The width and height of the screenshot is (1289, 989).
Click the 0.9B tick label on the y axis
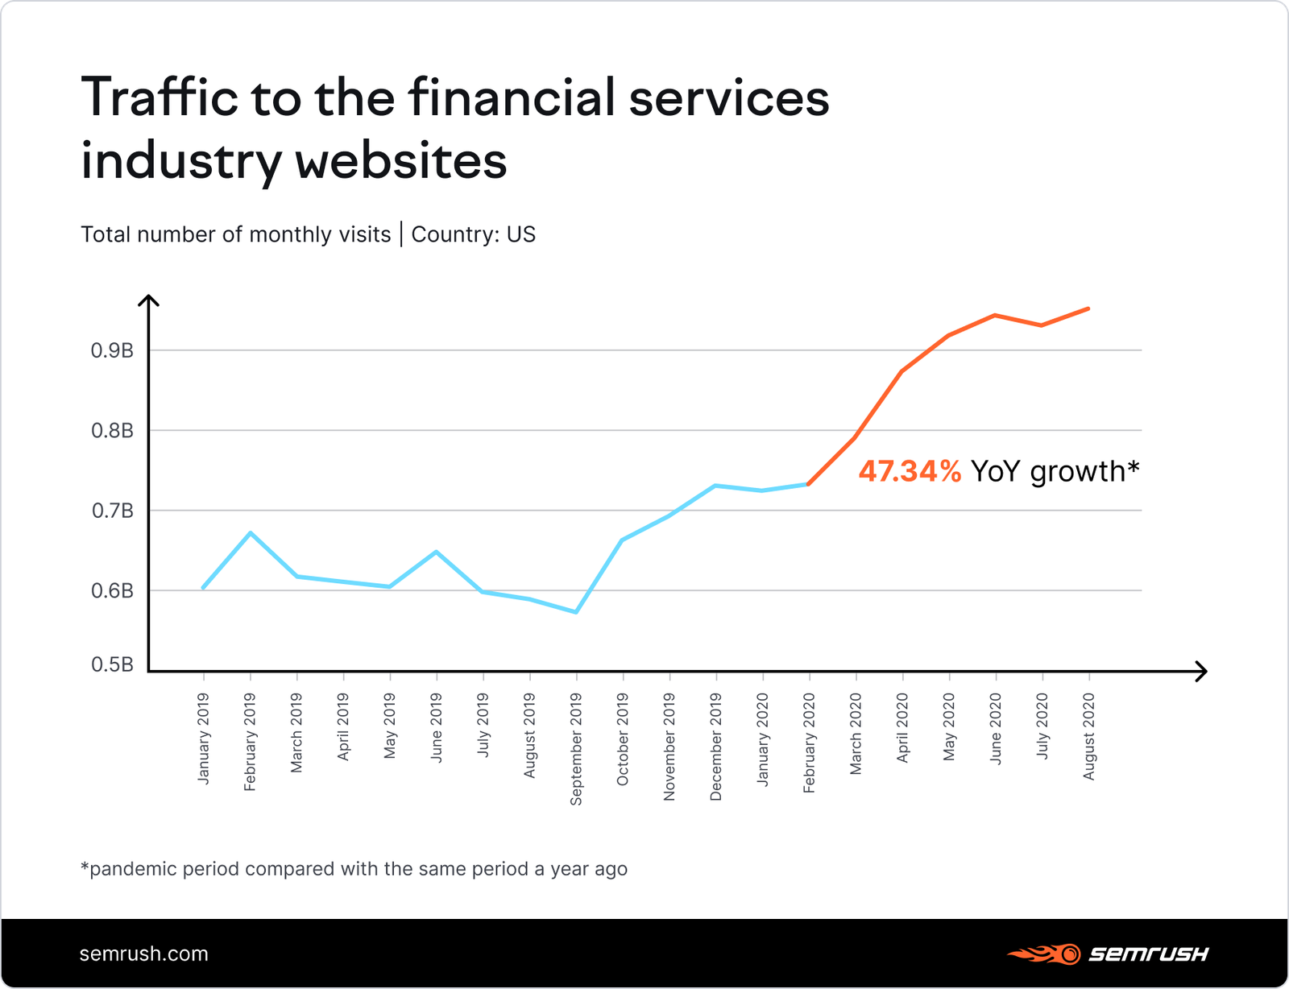(x=112, y=351)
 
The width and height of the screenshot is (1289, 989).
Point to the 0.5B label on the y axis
(x=112, y=665)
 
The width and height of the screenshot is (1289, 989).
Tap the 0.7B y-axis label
(x=112, y=511)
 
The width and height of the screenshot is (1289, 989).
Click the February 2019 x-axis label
(x=250, y=742)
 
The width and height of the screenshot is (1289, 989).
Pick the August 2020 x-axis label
(x=1089, y=737)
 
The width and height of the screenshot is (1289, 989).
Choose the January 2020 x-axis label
(x=762, y=739)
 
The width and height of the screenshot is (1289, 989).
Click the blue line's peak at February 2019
(x=251, y=532)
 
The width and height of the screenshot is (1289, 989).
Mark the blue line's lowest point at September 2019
(x=576, y=612)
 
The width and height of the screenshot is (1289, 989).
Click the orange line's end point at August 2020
(x=1088, y=308)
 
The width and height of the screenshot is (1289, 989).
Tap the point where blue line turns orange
(x=808, y=484)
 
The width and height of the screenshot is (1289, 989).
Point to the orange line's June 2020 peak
(x=996, y=315)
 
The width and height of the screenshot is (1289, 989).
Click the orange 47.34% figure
(x=910, y=471)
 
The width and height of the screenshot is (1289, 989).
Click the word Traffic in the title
(x=160, y=97)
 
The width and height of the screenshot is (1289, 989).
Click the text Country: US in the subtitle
(x=473, y=234)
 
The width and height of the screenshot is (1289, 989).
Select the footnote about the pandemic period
(x=354, y=869)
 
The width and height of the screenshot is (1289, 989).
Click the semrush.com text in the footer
(x=143, y=954)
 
